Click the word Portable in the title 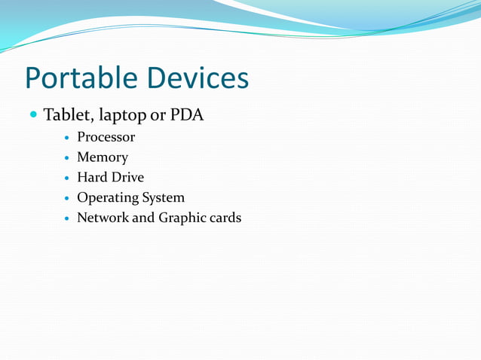78,78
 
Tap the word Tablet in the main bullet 66,116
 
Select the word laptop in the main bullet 120,117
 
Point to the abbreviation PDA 186,116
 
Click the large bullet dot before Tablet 32,116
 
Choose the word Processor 106,138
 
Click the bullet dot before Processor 67,139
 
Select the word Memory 103,158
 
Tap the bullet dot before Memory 67,159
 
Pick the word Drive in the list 127,178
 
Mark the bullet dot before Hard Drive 67,178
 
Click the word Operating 108,198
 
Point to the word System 164,198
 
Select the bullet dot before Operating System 67,199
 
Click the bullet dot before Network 67,219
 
